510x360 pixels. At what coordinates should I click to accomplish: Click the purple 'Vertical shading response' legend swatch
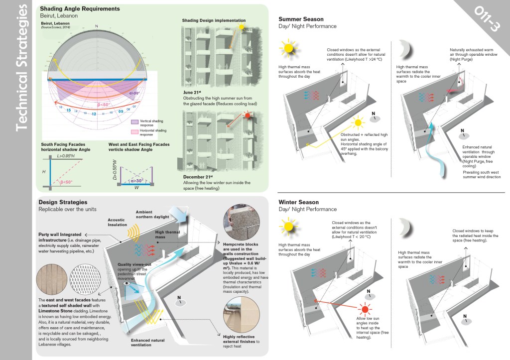tap(135, 121)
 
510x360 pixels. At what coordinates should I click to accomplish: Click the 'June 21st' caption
tap(190, 93)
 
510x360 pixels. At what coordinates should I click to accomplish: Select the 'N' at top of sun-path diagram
tap(97, 25)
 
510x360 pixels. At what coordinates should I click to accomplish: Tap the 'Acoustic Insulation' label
tap(117, 222)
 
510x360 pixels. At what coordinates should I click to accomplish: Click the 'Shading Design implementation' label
tap(214, 20)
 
